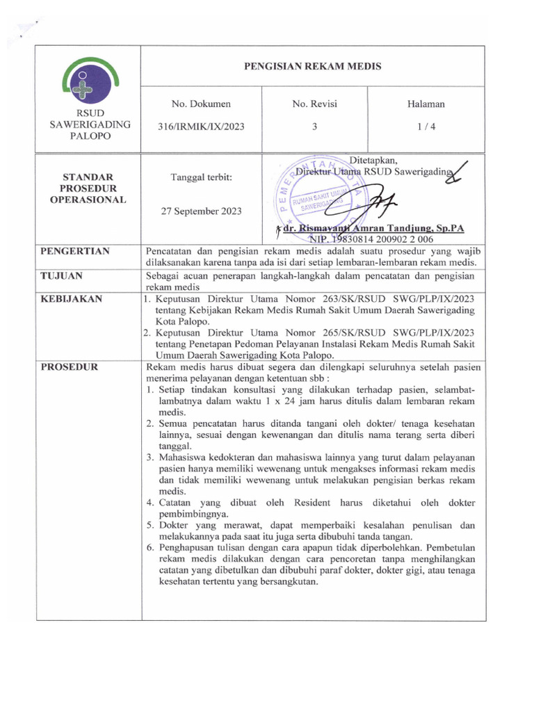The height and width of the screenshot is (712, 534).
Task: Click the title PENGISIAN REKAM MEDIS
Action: [x=312, y=67]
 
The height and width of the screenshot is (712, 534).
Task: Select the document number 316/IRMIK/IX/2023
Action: [x=201, y=127]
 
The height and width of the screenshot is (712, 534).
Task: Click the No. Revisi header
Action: [x=314, y=104]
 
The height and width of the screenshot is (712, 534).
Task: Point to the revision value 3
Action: [x=314, y=127]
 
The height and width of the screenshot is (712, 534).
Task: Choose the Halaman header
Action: [x=426, y=104]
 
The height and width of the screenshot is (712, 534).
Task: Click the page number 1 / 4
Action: [x=426, y=127]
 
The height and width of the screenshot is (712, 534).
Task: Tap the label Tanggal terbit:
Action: [x=201, y=177]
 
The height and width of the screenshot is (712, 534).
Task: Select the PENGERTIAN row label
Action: [x=75, y=251]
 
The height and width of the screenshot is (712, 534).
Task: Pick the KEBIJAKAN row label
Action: [x=71, y=299]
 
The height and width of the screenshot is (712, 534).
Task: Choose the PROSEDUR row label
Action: [x=69, y=366]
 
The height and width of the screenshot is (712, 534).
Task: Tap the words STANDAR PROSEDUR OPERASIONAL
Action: [x=88, y=188]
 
